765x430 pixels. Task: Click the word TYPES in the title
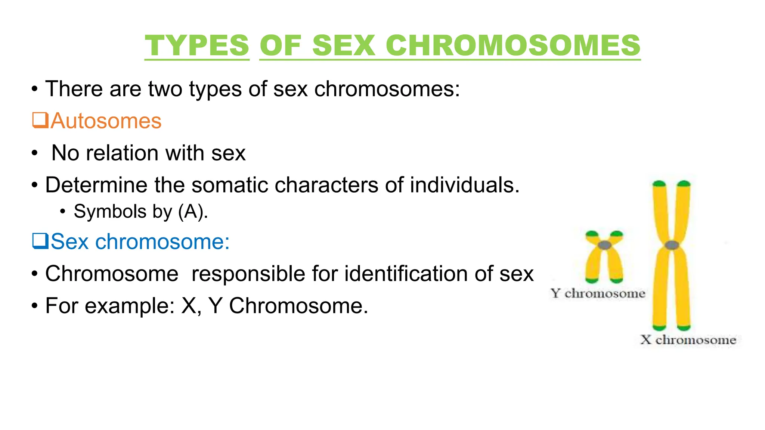click(197, 46)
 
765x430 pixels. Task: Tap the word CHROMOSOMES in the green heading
click(513, 46)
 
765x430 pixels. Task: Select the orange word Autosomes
click(106, 121)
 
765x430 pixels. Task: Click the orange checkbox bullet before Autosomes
click(40, 120)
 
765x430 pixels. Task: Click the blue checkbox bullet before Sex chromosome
click(40, 241)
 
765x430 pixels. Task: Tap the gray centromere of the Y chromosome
click(604, 245)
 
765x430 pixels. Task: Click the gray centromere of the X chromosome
click(672, 245)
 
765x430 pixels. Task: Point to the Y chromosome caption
click(598, 293)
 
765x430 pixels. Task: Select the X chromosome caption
click(688, 340)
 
